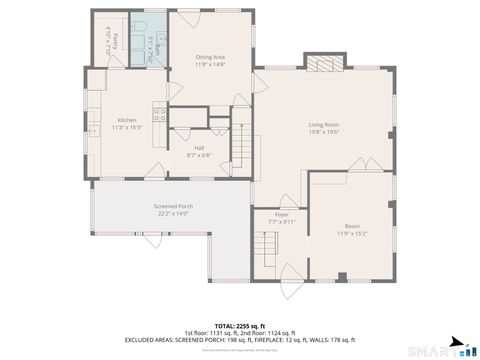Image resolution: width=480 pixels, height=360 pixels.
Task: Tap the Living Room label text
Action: [323, 124]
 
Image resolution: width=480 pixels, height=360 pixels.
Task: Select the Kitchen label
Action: [126, 120]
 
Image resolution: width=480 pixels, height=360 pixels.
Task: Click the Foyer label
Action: [282, 213]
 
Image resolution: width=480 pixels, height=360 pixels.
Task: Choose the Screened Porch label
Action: [173, 206]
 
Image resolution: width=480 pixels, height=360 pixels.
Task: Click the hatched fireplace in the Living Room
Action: [323, 65]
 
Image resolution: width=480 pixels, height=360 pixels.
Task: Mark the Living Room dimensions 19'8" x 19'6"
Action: [323, 131]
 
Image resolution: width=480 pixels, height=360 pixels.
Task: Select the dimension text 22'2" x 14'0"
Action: [173, 213]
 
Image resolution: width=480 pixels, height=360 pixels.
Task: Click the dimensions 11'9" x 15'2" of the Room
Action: [352, 233]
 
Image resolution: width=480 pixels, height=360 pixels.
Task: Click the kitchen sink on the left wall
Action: [93, 128]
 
